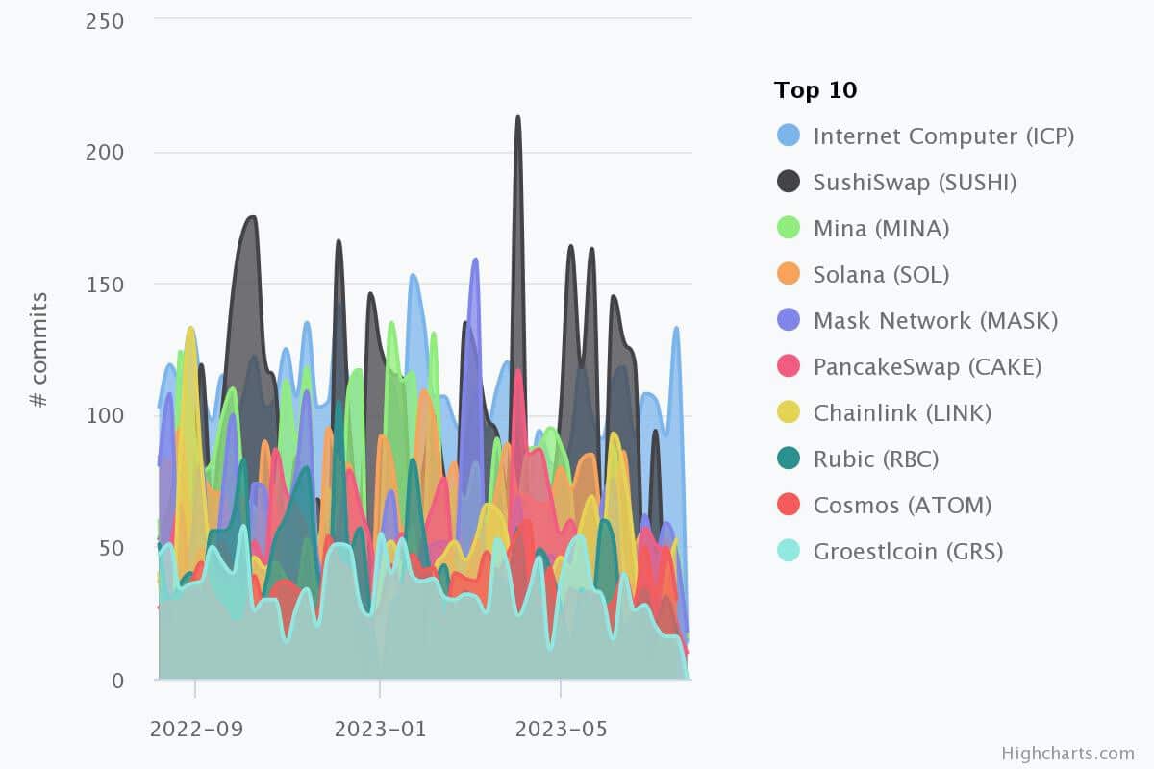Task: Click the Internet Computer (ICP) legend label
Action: click(943, 136)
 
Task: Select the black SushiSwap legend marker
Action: click(790, 182)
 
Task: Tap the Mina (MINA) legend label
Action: click(881, 229)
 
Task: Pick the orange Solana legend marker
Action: click(790, 274)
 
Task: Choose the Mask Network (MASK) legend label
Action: click(935, 321)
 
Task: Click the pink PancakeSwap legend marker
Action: click(790, 366)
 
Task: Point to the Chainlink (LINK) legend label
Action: click(902, 413)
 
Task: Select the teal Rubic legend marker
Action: click(790, 459)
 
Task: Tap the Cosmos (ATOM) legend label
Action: click(902, 506)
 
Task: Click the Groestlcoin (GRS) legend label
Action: click(908, 552)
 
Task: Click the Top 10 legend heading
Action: click(815, 91)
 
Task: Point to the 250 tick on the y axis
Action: click(105, 21)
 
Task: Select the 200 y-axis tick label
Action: click(105, 153)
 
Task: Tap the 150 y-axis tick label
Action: click(105, 285)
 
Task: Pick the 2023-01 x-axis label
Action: click(379, 729)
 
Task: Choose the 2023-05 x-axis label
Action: click(560, 729)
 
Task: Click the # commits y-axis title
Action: click(39, 350)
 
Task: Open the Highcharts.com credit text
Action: click(1067, 754)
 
